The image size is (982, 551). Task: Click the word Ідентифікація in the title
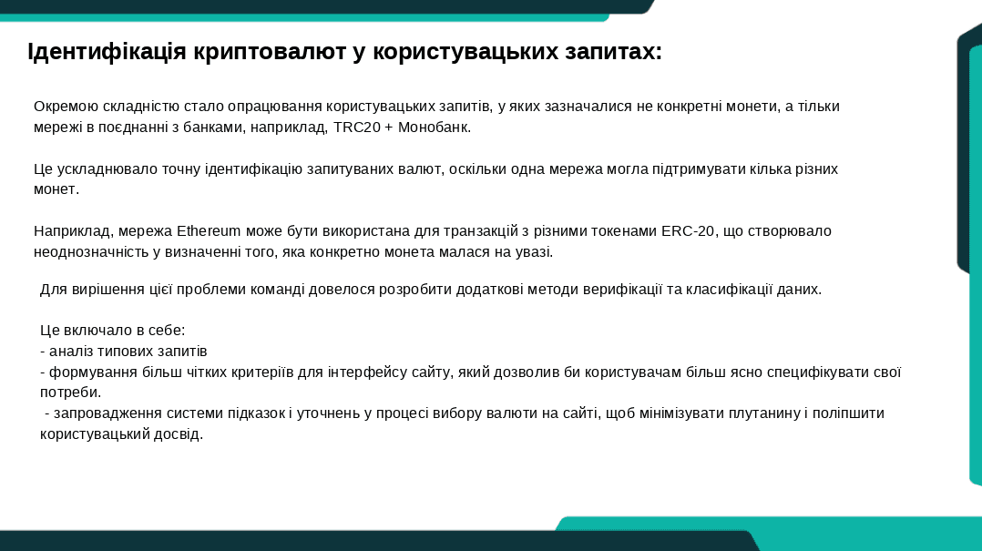click(x=107, y=51)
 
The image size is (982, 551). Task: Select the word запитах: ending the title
click(x=613, y=51)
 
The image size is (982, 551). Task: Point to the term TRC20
click(x=357, y=128)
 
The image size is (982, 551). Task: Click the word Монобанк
click(x=435, y=128)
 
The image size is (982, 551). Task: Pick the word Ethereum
click(x=209, y=231)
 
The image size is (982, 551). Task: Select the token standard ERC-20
click(x=688, y=231)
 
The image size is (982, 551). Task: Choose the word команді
click(x=275, y=290)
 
